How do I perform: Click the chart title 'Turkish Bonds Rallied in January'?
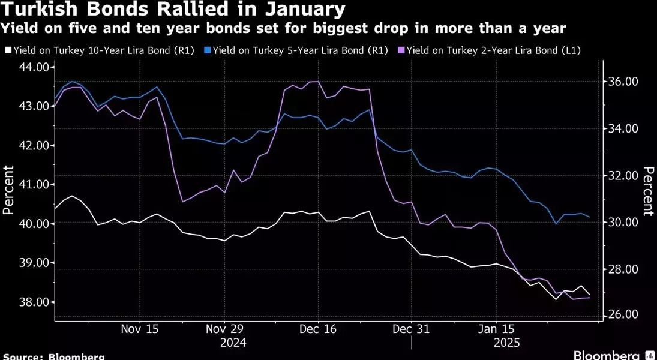(174, 10)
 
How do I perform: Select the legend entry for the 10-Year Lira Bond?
(102, 51)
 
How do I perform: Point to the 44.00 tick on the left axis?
(34, 67)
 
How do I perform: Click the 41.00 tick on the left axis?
(34, 185)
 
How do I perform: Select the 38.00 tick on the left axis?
(34, 302)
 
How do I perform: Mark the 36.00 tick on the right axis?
(622, 82)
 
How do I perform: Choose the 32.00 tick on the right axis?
(622, 176)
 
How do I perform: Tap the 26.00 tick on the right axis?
(622, 315)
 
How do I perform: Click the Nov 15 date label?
(139, 329)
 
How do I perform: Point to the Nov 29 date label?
(224, 329)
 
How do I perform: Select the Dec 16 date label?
(317, 329)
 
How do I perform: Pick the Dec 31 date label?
(411, 329)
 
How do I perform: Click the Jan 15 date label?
(496, 329)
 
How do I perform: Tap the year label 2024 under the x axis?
(233, 343)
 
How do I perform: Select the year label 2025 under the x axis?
(507, 343)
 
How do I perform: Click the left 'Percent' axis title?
(8, 190)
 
